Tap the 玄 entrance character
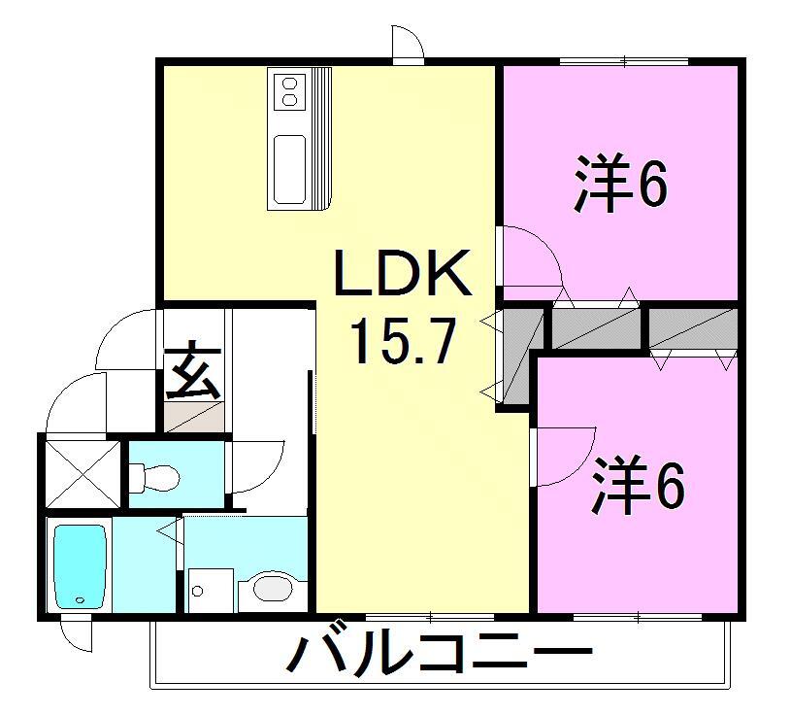(x=191, y=370)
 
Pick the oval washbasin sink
(x=270, y=589)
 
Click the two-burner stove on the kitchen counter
(x=288, y=90)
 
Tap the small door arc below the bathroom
(x=76, y=634)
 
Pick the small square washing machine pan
(x=209, y=589)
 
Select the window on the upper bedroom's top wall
(x=624, y=62)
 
